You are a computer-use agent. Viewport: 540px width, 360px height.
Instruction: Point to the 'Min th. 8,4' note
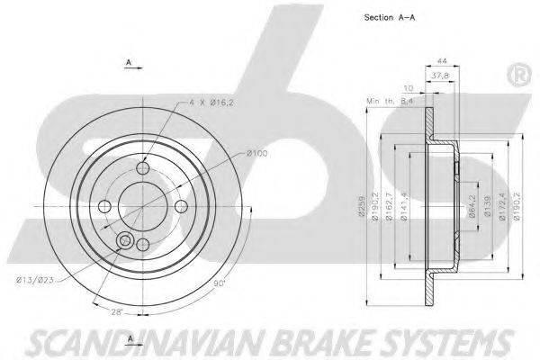(390, 103)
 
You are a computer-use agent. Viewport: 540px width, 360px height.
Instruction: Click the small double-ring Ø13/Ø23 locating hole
(124, 240)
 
